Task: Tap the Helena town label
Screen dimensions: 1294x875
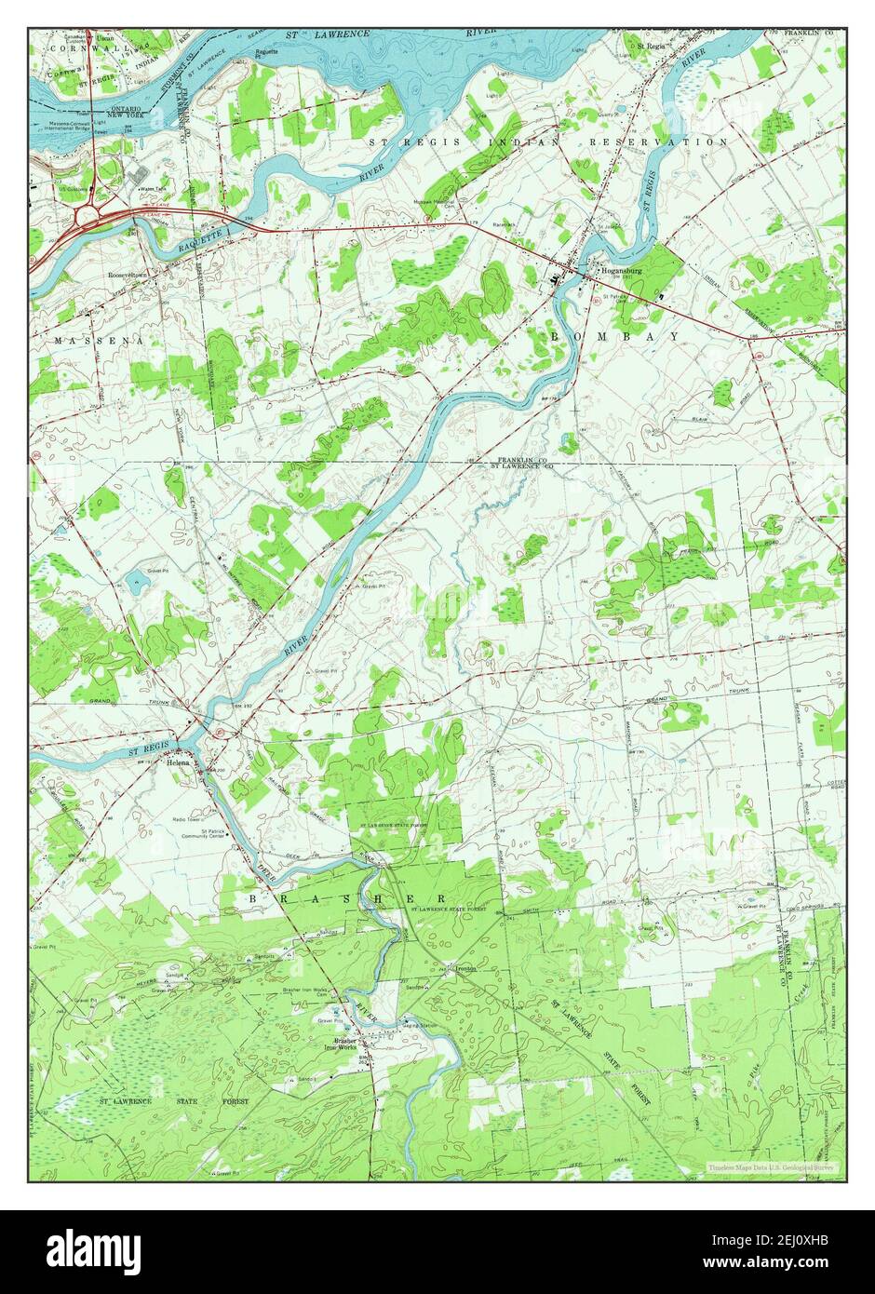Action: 178,762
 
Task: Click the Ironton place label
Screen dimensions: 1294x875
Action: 453,967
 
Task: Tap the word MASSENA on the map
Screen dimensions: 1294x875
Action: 99,342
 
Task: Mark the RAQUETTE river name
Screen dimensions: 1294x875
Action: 201,244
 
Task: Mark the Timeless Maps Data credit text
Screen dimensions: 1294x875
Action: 771,1166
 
